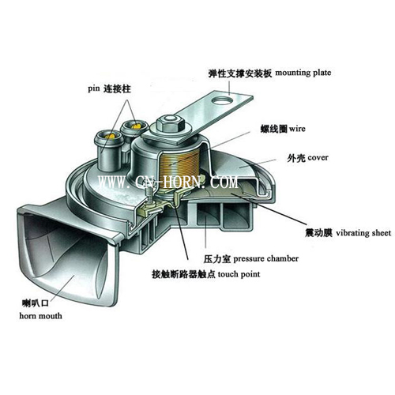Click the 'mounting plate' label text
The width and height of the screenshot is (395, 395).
[303, 73]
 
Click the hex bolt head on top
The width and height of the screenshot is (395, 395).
[171, 124]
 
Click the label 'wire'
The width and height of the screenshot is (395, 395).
[297, 129]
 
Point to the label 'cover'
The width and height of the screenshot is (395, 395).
[318, 158]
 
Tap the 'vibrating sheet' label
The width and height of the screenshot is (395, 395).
[363, 233]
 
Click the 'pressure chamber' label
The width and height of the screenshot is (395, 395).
[265, 258]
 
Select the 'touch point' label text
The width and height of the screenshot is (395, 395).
[239, 274]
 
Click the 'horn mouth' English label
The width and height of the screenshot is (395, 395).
[40, 315]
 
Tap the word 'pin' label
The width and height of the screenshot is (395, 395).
[94, 88]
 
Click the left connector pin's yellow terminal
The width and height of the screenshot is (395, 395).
[111, 137]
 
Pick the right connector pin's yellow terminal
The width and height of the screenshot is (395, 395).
[136, 126]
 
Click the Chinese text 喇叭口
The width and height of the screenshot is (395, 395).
[36, 303]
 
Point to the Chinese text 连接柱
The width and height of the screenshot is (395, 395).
[117, 88]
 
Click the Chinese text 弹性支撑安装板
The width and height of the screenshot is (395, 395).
[240, 73]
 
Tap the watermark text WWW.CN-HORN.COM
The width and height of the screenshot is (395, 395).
[168, 182]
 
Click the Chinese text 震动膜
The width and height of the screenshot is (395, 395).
[318, 233]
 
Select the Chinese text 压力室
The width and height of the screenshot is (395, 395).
[217, 259]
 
